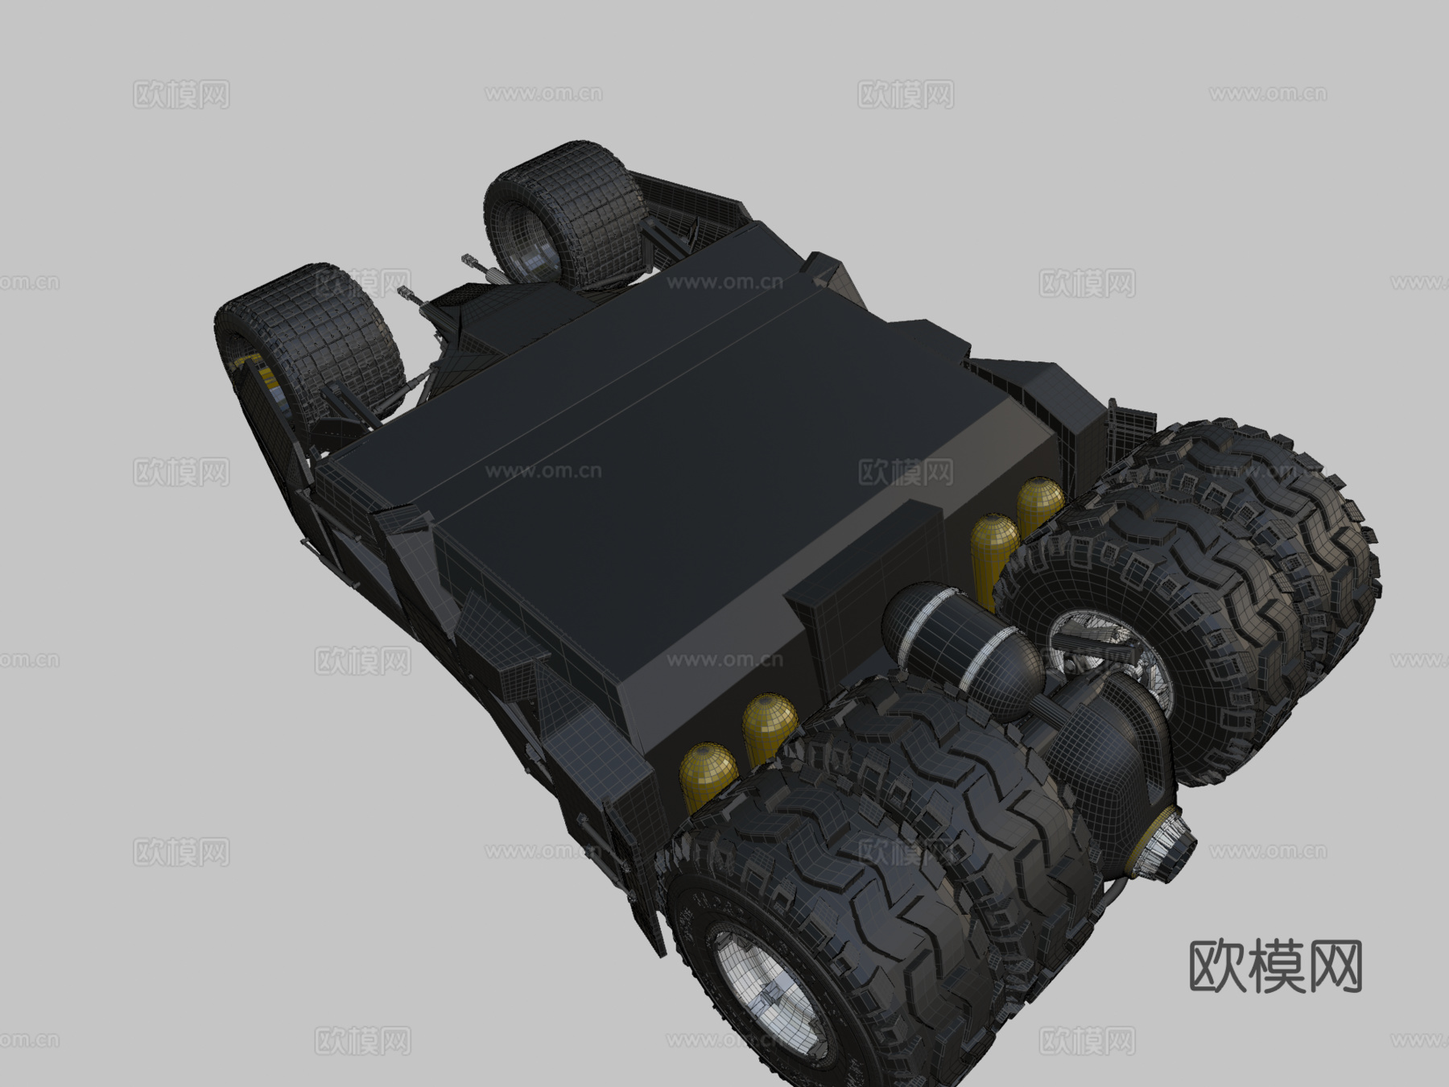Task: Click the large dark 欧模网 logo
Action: click(1275, 966)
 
